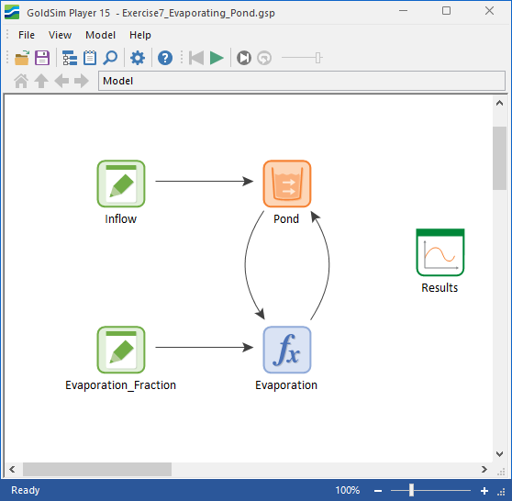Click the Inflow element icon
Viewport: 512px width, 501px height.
pos(121,184)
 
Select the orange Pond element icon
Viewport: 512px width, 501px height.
pos(287,184)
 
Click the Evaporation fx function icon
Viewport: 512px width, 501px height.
pos(287,350)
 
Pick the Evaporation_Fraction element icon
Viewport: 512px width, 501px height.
pos(121,350)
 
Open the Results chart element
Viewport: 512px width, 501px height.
pos(440,252)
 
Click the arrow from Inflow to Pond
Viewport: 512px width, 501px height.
pos(205,181)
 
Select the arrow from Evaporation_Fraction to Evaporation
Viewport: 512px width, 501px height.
pos(205,347)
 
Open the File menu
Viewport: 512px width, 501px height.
pos(27,35)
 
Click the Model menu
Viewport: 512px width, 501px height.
pos(100,35)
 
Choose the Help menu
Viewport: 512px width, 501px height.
pos(140,35)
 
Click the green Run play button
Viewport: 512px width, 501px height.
pos(217,58)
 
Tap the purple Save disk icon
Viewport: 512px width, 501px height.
pos(42,58)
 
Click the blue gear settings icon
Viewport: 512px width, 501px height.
pos(138,58)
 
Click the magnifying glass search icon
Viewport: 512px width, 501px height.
pos(110,58)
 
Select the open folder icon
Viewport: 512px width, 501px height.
pos(22,58)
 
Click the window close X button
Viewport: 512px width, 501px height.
pos(489,11)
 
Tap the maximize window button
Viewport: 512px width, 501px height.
pos(446,11)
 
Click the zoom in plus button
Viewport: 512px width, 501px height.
pos(484,491)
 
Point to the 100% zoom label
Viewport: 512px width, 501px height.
pos(348,490)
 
